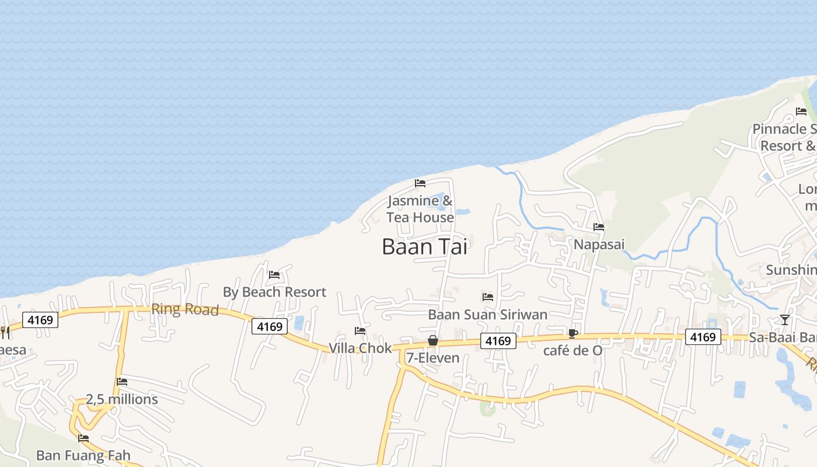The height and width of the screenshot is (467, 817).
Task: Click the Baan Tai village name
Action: coord(424,247)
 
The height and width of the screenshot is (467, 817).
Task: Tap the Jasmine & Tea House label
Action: coord(420,210)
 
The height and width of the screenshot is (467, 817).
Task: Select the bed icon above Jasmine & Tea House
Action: coord(420,183)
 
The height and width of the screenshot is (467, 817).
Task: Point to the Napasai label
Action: coord(599,244)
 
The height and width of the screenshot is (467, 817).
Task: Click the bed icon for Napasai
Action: coord(599,227)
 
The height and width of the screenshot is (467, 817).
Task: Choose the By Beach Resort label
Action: coord(274,292)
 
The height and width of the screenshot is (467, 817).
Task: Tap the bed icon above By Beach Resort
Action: coord(274,274)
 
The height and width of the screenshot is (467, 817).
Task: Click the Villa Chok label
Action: coord(360,348)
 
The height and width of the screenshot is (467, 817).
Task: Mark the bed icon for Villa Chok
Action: coord(360,331)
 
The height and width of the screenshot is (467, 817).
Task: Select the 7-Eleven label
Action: coord(433,358)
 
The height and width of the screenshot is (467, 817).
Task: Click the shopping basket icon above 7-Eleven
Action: coord(433,340)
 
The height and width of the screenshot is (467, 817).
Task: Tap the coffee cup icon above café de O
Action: coord(573,333)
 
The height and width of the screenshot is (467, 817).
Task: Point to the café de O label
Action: coord(573,351)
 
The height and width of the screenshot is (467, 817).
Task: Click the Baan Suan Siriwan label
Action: coord(488,315)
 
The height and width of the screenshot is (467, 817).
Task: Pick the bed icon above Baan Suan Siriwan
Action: coord(488,297)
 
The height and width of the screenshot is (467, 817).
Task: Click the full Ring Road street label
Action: coord(185,309)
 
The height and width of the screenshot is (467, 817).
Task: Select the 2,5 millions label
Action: coord(122,399)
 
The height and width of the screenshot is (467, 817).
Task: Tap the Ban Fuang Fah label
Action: coord(83,455)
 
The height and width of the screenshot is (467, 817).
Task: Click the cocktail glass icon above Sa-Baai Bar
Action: coord(785,320)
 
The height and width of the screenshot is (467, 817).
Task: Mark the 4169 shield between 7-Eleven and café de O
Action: coord(498,341)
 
